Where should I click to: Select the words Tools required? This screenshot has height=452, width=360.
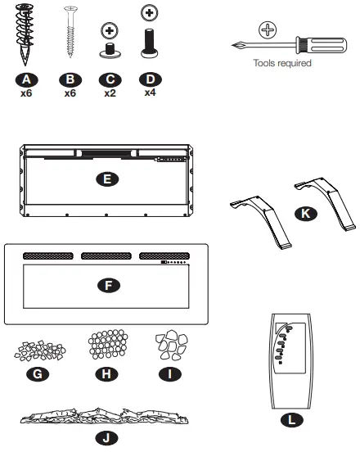(x=282, y=63)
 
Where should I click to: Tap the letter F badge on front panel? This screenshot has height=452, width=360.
(x=106, y=285)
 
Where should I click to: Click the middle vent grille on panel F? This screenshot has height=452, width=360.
(x=106, y=256)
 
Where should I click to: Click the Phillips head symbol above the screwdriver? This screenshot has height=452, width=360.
(x=268, y=31)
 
